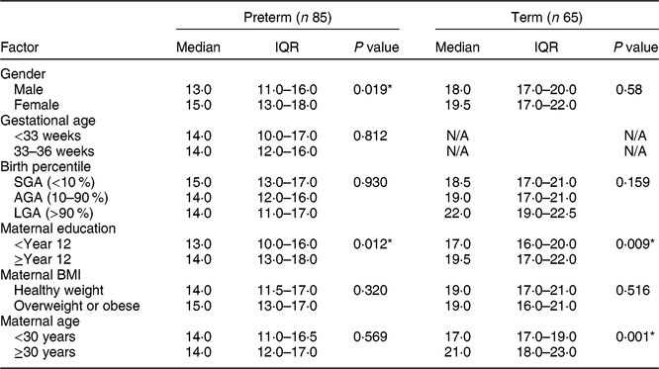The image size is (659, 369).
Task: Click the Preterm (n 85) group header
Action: (288, 17)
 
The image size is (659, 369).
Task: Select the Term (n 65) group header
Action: (546, 17)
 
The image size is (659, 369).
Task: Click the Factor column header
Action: (20, 47)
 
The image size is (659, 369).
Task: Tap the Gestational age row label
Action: (47, 121)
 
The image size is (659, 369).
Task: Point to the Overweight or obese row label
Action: (76, 306)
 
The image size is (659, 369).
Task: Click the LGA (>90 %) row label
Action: (53, 213)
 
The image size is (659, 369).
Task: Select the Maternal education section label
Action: (58, 229)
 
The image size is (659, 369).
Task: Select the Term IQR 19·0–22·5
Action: (546, 213)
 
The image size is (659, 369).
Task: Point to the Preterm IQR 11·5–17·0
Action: (288, 291)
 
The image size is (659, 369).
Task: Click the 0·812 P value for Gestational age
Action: (370, 136)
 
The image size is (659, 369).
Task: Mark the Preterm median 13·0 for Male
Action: (199, 89)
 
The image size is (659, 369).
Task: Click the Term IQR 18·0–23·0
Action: (546, 352)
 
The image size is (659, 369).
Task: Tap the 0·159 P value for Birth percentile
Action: (632, 182)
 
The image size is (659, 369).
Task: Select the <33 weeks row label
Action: (47, 137)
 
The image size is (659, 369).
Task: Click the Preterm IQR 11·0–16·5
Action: (288, 336)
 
